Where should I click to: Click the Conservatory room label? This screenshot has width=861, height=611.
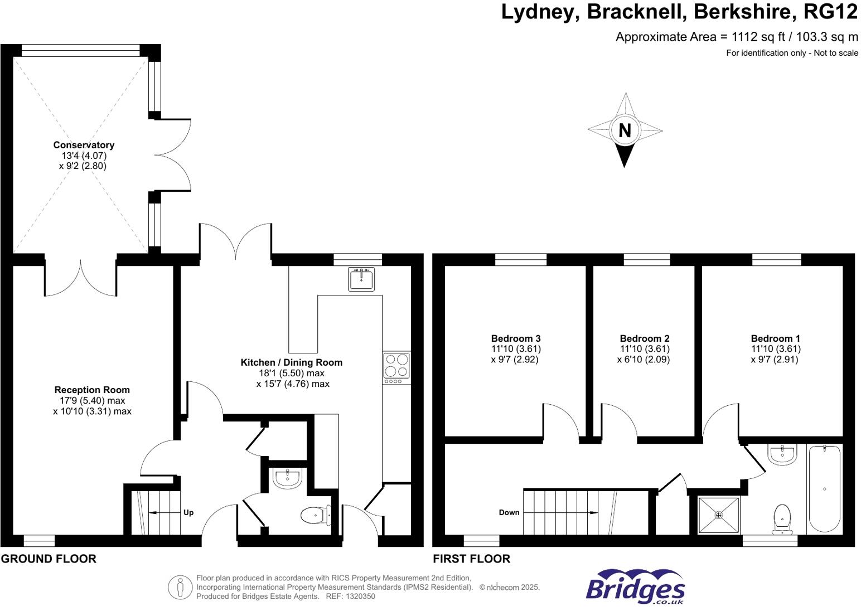[84, 145]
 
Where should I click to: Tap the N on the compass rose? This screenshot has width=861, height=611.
[625, 130]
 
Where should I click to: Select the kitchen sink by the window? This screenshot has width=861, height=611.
[361, 279]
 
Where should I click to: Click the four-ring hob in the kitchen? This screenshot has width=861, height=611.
[396, 365]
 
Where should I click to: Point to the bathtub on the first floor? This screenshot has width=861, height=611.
[824, 488]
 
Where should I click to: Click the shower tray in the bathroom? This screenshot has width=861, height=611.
[718, 515]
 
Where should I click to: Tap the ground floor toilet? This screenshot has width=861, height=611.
[316, 515]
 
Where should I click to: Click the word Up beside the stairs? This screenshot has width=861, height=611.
[188, 512]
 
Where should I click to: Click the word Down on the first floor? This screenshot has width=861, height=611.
[509, 512]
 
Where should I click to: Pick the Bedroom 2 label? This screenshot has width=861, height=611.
[644, 338]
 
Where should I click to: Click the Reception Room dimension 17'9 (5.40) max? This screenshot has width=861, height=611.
[93, 400]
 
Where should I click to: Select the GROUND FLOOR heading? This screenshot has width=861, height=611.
[49, 559]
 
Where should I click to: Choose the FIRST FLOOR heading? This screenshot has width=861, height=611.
[471, 559]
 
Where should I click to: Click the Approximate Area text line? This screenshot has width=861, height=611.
[736, 37]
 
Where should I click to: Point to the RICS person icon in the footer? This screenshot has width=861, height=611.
[180, 587]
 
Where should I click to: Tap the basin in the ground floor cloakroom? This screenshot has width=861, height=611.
[288, 477]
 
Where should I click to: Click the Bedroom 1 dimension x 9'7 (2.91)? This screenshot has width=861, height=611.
[775, 360]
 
